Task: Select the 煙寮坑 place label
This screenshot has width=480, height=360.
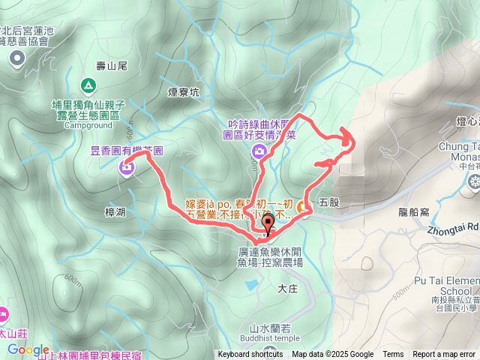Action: click(183, 93)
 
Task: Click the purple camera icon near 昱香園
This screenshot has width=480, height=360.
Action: click(125, 167)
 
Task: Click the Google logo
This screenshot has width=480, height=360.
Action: click(28, 349)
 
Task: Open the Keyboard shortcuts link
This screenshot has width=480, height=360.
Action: click(250, 355)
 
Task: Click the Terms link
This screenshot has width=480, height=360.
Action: click(393, 355)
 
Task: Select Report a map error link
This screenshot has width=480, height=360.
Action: click(443, 355)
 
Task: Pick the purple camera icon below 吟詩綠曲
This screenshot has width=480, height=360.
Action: click(259, 153)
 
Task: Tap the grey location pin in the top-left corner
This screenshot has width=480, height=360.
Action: click(18, 61)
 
